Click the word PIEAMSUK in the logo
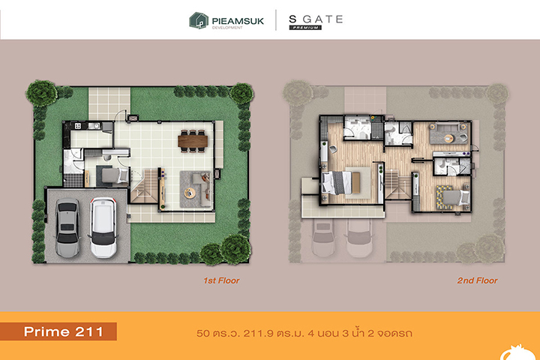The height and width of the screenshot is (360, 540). click(238, 21)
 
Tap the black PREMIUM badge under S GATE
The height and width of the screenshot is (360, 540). click(305, 28)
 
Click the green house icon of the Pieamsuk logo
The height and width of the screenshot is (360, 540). click(199, 20)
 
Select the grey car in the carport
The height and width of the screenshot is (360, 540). click(67, 228)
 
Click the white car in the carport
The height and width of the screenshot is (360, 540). click(103, 227)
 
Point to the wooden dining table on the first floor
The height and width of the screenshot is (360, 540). click(193, 141)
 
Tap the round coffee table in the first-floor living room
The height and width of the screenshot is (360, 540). click(190, 193)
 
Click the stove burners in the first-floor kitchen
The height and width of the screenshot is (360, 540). click(78, 126)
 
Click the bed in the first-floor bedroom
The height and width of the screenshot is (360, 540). click(115, 175)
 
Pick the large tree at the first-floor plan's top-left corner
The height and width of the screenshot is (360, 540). click(41, 92)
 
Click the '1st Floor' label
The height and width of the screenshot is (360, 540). click(221, 280)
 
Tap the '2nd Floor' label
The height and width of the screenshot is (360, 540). click(477, 280)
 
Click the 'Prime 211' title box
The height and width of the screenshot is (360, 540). click(58, 331)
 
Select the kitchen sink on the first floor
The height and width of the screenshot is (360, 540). click(94, 126)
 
